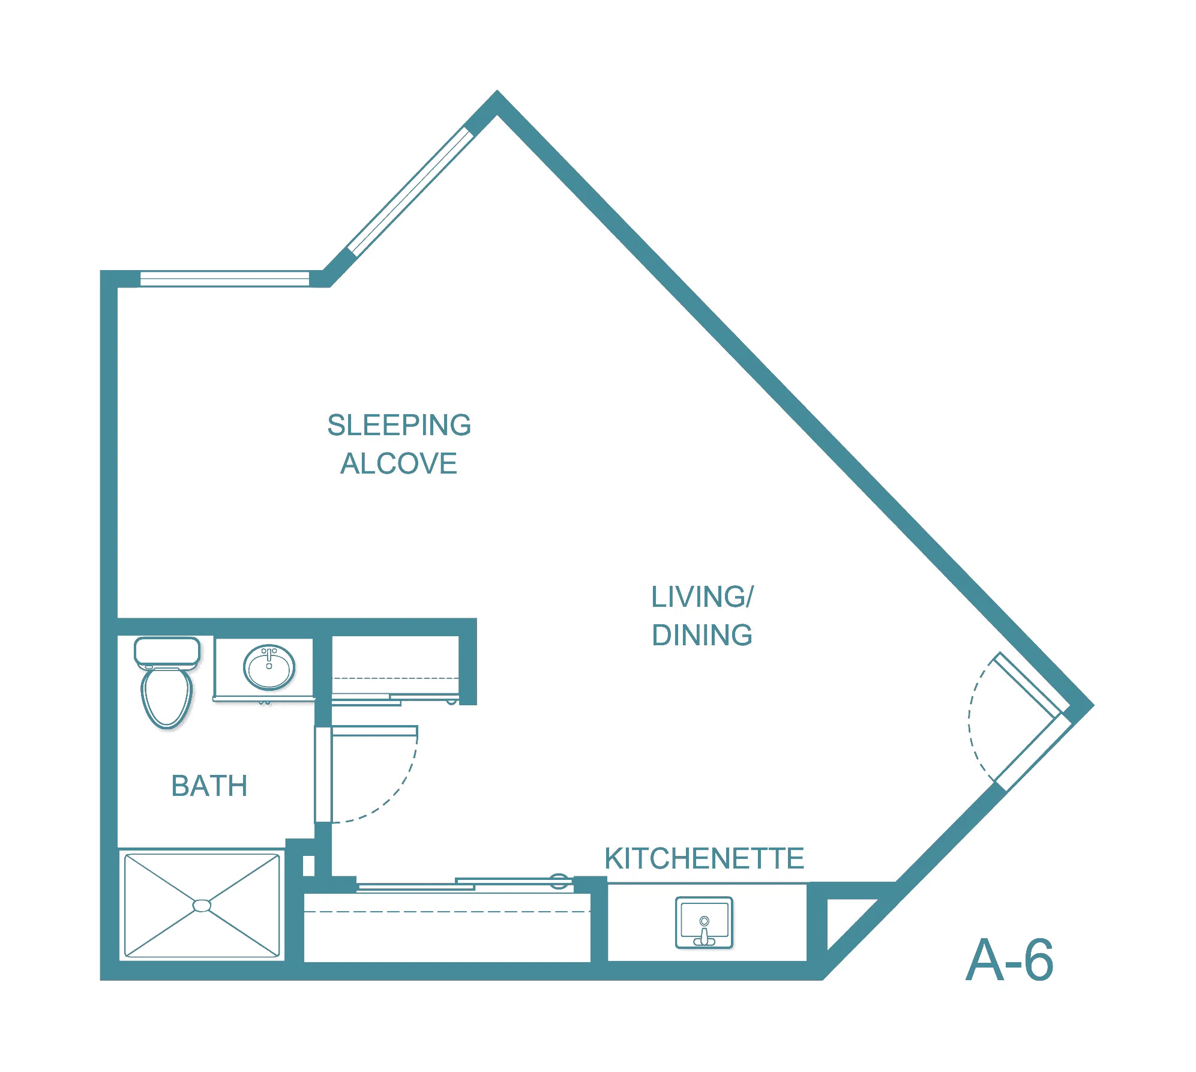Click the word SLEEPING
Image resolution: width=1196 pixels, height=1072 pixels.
[399, 425]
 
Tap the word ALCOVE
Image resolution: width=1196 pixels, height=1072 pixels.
[399, 463]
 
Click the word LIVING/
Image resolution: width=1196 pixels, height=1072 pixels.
[702, 597]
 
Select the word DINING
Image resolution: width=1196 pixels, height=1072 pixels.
[702, 635]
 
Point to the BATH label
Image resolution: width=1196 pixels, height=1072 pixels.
[209, 786]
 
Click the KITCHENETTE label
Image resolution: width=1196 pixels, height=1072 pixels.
[704, 858]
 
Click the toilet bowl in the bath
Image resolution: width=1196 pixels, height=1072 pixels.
[167, 698]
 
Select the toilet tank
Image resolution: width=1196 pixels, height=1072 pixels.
[167, 652]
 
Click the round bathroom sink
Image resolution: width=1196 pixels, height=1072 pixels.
[269, 667]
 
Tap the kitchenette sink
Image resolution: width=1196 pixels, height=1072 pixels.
[704, 923]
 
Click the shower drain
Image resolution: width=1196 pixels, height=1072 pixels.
[202, 905]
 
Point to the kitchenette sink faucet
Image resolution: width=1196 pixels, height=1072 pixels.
[704, 931]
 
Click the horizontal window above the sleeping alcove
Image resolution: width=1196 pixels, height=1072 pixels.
[224, 279]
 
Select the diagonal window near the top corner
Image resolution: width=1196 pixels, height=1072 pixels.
[410, 191]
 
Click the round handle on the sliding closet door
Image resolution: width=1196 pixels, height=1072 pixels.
[559, 881]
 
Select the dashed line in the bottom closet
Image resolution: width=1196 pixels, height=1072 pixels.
[447, 912]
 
